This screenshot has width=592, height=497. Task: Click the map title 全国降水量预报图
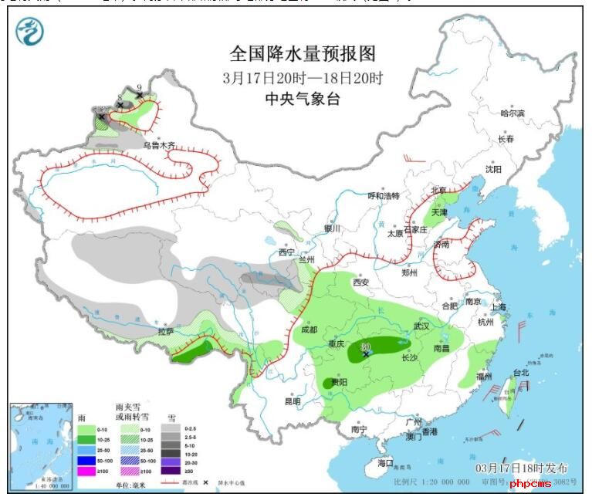tap(303, 53)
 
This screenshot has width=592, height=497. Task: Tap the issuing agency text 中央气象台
tap(303, 99)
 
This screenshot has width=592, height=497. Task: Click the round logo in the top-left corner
tap(30, 32)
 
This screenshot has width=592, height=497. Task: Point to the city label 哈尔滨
tap(512, 113)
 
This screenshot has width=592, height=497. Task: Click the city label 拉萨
tap(165, 331)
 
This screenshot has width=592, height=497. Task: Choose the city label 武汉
tap(421, 326)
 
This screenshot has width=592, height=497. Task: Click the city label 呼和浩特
tap(384, 196)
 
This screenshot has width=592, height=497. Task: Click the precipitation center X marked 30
tap(366, 353)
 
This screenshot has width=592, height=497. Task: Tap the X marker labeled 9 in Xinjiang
tap(139, 95)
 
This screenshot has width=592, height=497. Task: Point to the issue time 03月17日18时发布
tap(522, 468)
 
